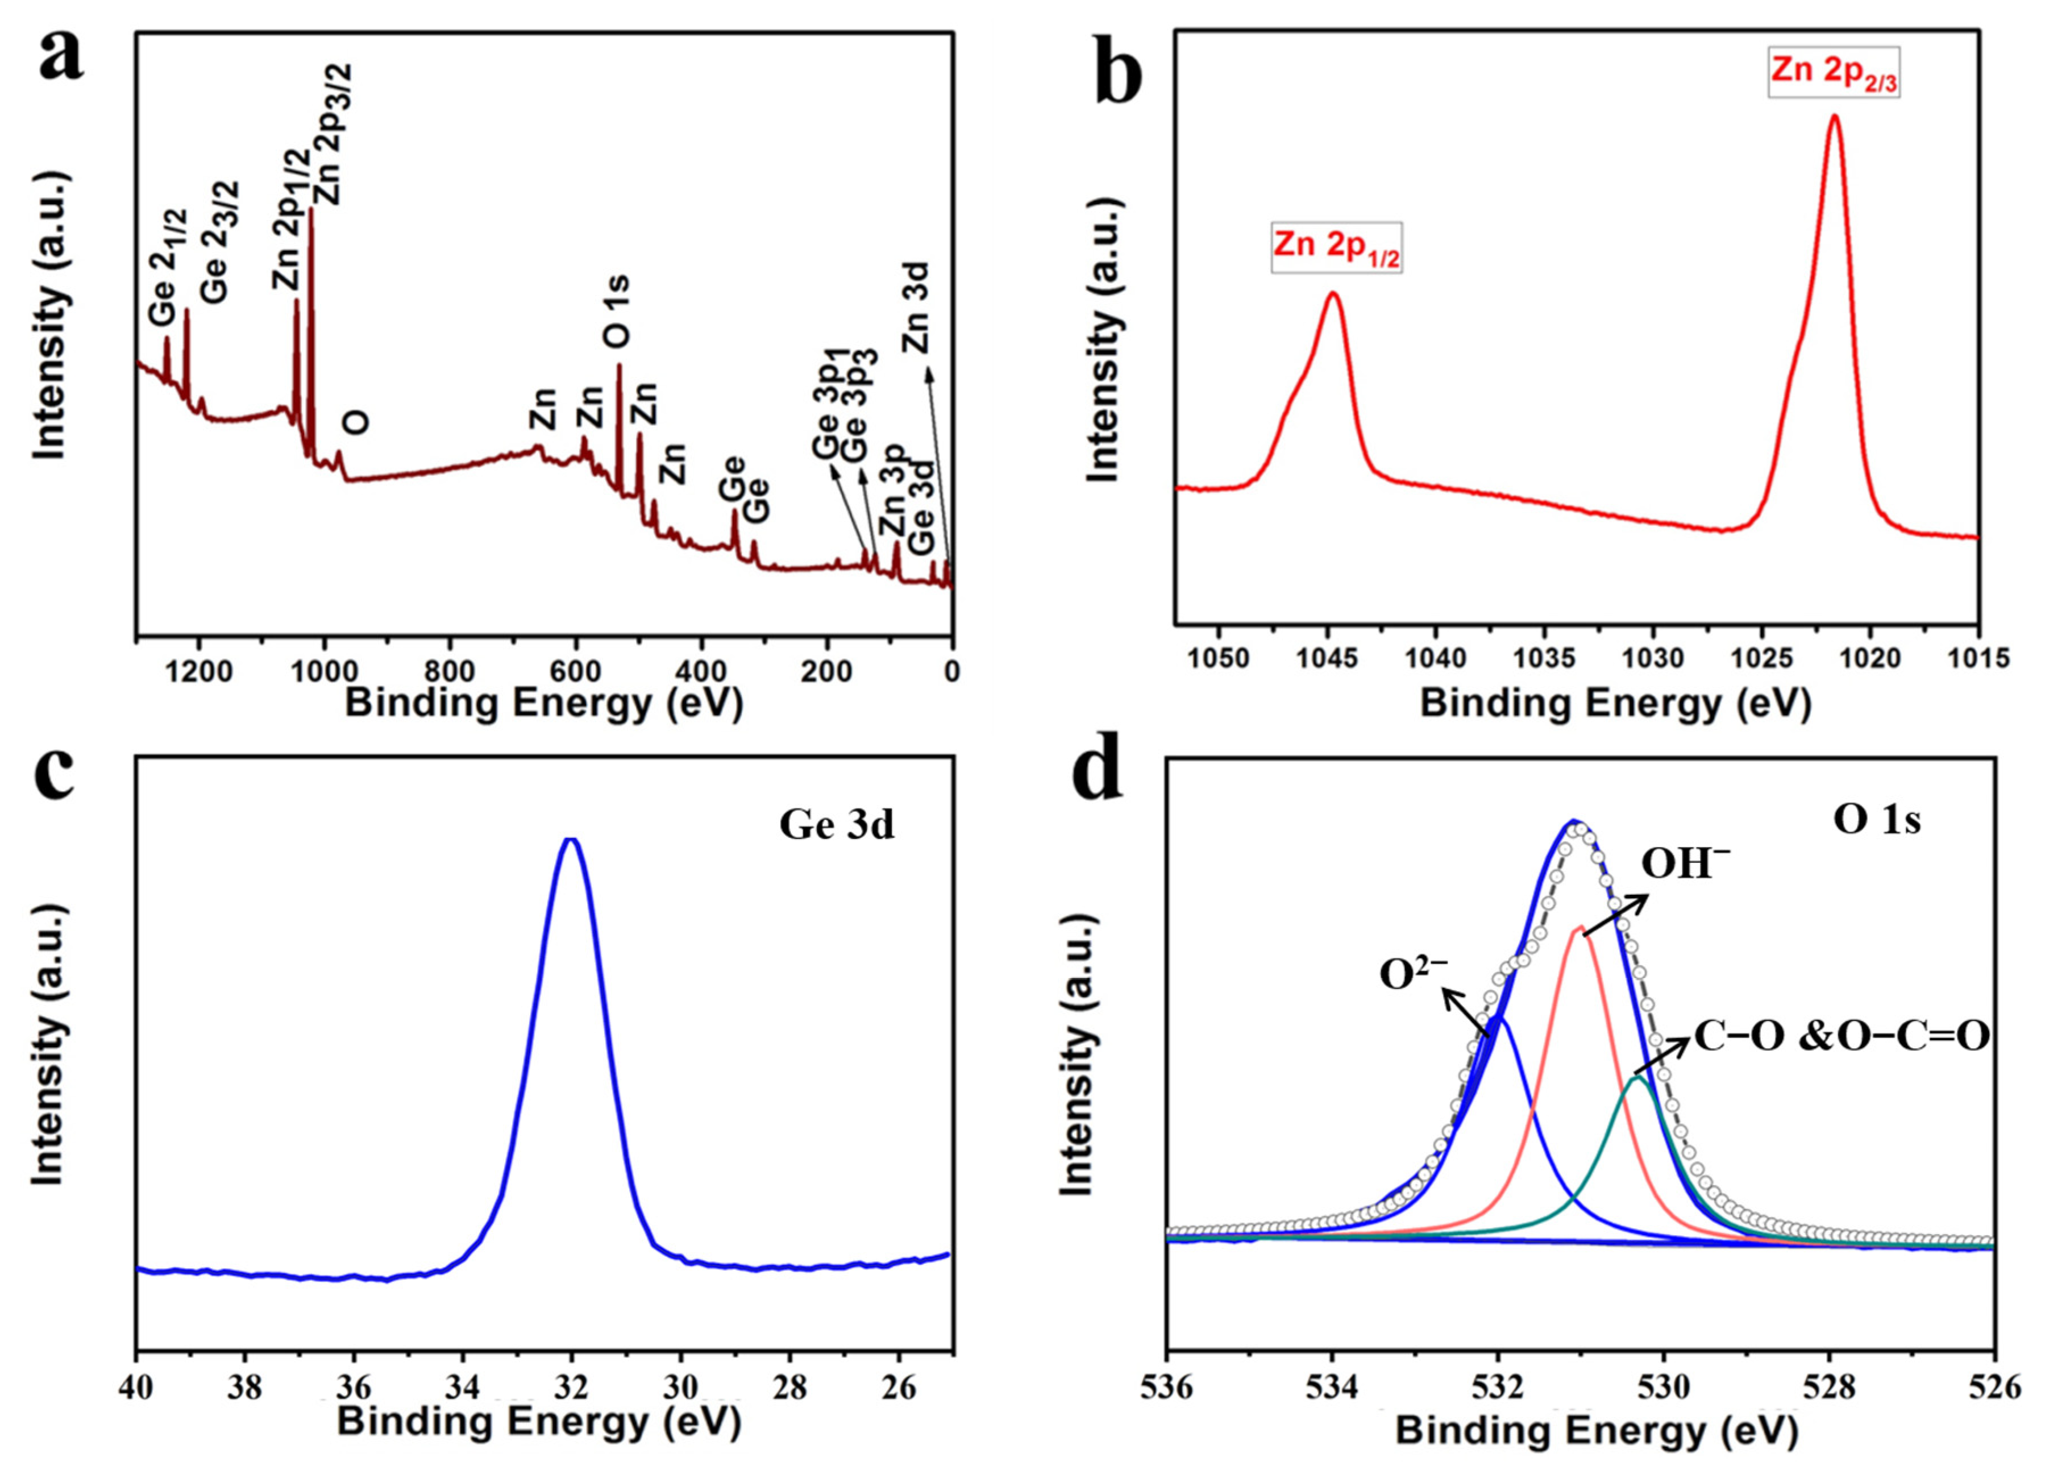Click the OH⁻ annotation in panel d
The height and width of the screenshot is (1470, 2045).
(1684, 864)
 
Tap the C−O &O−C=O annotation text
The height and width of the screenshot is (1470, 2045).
(1841, 1037)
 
